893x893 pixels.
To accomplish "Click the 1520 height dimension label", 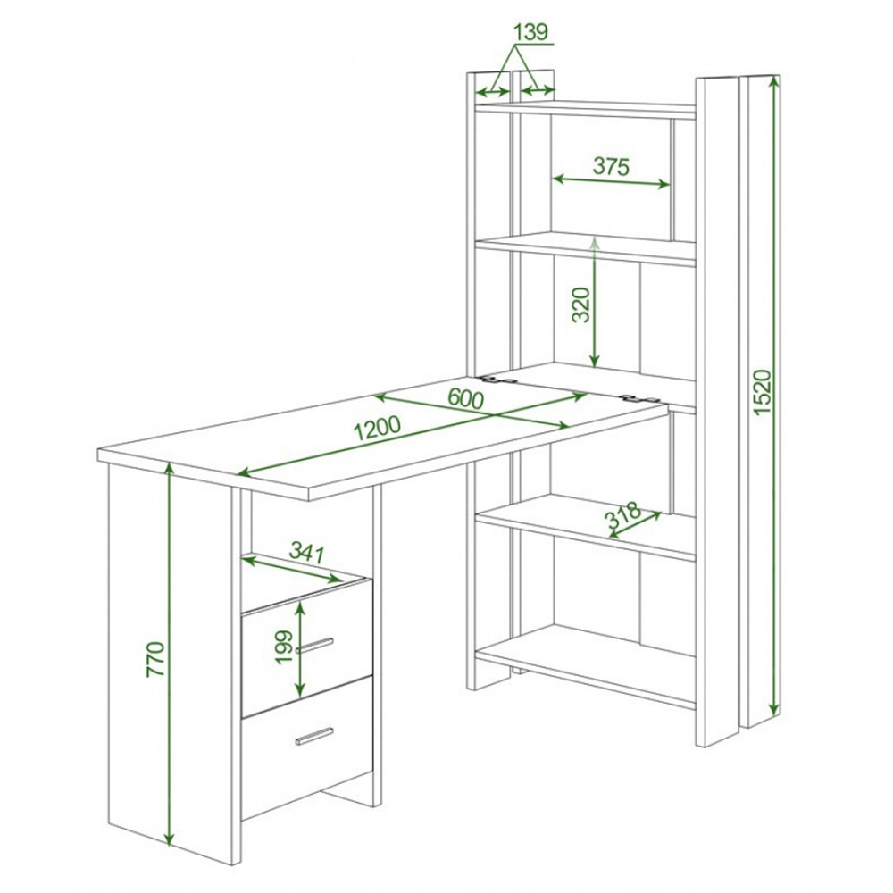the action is tap(762, 392).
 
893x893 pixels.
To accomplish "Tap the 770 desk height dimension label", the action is tap(155, 659).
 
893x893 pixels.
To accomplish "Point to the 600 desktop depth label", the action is tap(465, 398).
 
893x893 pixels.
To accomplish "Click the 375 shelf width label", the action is tap(611, 166).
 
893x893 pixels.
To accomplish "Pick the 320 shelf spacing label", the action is tap(581, 305).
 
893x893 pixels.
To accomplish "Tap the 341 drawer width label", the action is tap(306, 552).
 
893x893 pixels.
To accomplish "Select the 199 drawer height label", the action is tap(283, 647).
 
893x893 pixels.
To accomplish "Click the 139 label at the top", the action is tap(530, 32).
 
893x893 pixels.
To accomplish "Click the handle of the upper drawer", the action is tap(314, 645).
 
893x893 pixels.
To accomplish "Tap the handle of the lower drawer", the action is tap(314, 736).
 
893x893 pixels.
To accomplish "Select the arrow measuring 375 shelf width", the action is tap(611, 181).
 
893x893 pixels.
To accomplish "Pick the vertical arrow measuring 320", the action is tap(595, 302).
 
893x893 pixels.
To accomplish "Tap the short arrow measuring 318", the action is tap(635, 524).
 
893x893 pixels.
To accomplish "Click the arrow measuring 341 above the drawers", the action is tap(292, 570).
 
